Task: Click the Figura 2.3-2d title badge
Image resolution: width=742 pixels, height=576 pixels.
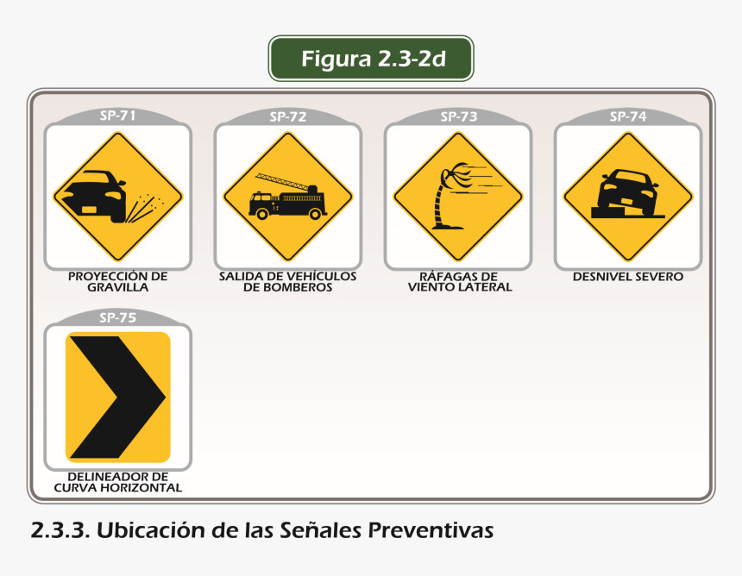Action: pos(371,58)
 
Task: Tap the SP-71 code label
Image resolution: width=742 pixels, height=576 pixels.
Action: pos(118,116)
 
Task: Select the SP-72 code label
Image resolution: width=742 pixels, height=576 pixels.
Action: pos(287,116)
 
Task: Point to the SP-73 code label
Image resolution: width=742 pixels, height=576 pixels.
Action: pos(458,116)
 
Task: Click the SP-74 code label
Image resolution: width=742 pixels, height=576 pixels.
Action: pos(628,116)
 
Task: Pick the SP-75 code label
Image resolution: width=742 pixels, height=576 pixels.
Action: pos(118,317)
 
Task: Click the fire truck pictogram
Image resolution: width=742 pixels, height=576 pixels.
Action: pos(287,197)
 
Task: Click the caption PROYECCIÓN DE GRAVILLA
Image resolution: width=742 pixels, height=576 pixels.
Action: pos(118,282)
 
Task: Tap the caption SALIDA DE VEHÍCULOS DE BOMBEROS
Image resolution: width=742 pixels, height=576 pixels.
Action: pos(287,282)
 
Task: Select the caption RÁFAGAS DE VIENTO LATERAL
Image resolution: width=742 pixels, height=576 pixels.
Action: pos(460,282)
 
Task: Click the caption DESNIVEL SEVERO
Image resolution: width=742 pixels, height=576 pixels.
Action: pos(628,277)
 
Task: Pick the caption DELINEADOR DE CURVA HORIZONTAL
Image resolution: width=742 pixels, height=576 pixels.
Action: pos(118,482)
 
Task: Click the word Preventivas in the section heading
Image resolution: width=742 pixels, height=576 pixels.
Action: pos(431,530)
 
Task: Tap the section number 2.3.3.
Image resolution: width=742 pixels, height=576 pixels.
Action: pos(60,530)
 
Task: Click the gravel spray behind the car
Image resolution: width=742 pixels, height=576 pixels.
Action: pos(145,207)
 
